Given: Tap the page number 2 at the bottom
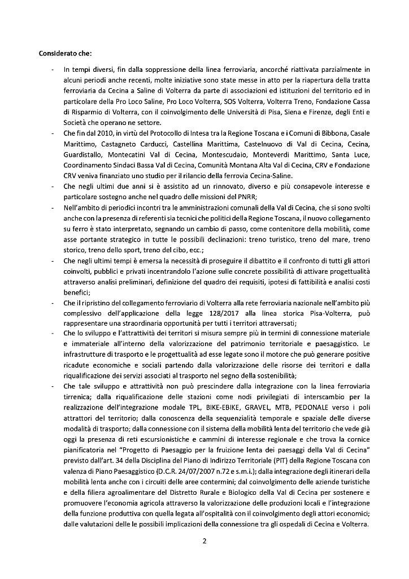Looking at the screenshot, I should (204, 540).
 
